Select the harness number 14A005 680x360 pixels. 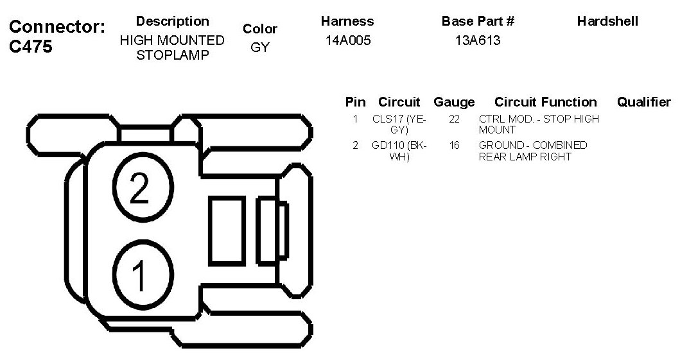coord(348,41)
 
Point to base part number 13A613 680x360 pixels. coord(478,41)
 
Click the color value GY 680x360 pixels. coord(260,47)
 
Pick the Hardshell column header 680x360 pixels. coord(607,21)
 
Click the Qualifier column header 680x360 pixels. coord(643,102)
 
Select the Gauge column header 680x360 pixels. coord(454,102)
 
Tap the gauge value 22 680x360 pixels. coord(454,119)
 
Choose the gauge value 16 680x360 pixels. coord(454,146)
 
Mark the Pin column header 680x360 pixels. coord(355,102)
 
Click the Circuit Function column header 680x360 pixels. coord(545,102)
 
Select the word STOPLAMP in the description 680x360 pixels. coord(173,55)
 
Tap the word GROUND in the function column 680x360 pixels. coord(496,146)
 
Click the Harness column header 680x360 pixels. coord(347,21)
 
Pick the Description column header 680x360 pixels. coord(173,21)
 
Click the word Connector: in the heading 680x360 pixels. coord(57,27)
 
